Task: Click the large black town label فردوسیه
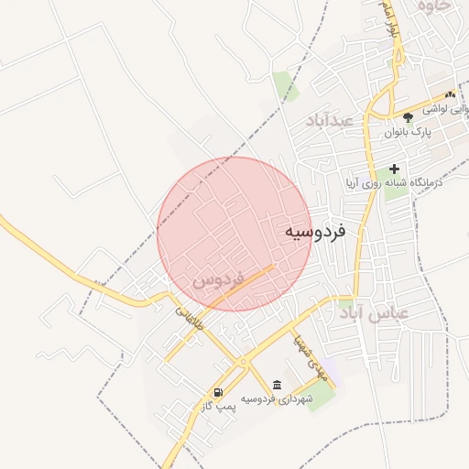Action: click(314, 233)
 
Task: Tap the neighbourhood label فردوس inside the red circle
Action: click(217, 278)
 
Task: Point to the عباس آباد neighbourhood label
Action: click(373, 314)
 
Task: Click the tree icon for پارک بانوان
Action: click(408, 117)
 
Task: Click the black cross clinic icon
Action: click(395, 169)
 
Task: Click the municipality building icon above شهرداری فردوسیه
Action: click(278, 384)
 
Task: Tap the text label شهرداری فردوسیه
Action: click(278, 399)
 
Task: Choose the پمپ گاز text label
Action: click(220, 406)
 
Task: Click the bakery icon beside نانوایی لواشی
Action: click(450, 94)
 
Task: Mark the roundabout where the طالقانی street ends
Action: click(243, 363)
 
